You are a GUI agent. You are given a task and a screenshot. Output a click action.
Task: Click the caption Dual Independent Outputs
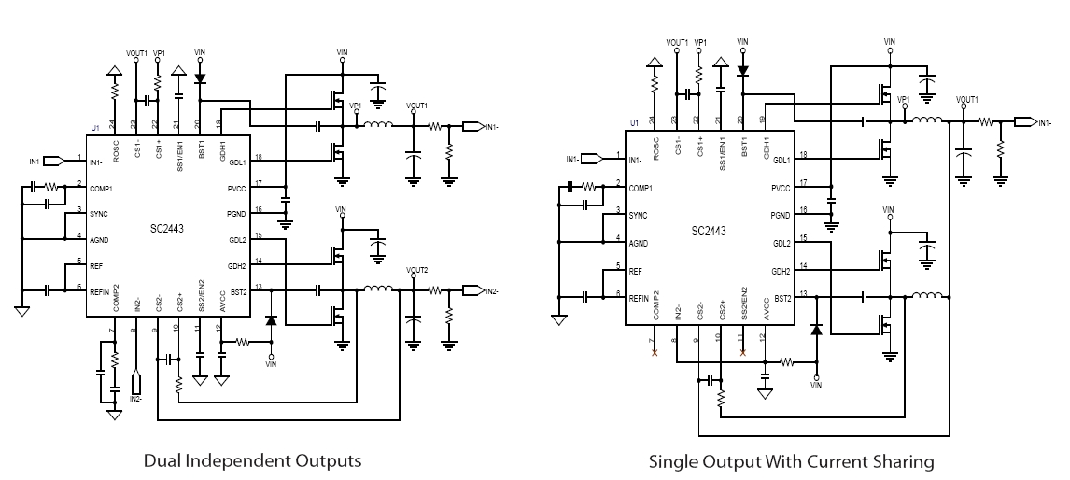pos(252,460)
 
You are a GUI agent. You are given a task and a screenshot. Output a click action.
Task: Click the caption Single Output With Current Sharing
pos(791,460)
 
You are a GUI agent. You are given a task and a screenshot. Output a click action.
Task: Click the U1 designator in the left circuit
pos(94,127)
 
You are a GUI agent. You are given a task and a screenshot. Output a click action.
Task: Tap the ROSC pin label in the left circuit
pos(116,146)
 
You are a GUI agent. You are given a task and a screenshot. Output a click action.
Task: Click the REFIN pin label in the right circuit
pos(641,297)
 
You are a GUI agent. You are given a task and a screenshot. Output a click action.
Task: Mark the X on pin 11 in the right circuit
pos(742,354)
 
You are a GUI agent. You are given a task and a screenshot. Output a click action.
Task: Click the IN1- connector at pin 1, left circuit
pos(53,162)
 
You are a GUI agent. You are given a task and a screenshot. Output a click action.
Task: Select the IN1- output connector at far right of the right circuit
pos(1026,122)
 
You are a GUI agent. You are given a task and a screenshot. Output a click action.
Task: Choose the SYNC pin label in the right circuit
pos(640,215)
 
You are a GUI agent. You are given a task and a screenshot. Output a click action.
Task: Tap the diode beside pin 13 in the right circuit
pos(816,329)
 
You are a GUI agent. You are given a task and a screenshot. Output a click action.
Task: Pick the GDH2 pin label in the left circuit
pos(235,265)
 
